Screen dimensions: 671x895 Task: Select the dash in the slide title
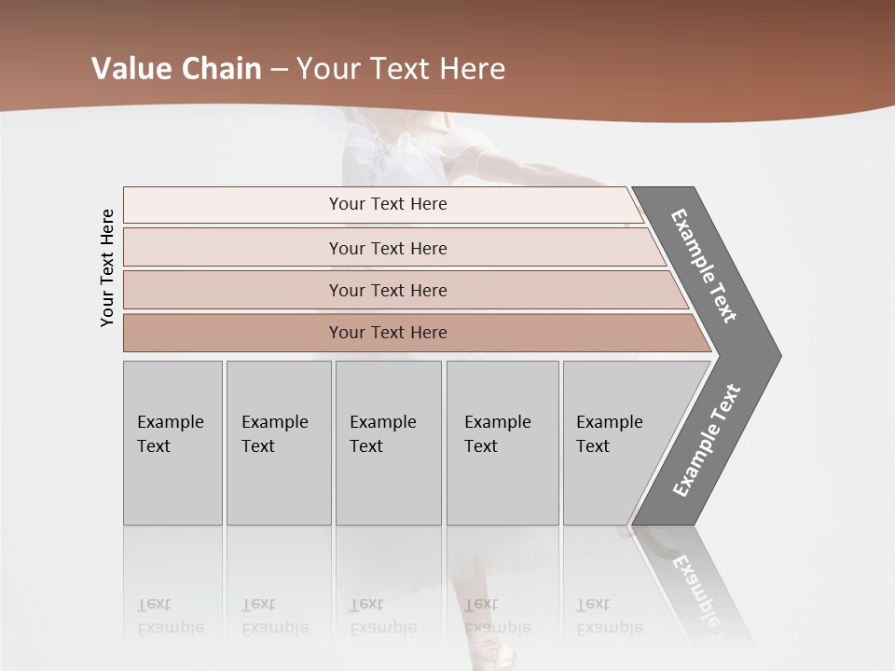(279, 70)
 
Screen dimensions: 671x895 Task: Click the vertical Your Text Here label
(107, 268)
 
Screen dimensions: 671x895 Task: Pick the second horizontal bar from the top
(387, 248)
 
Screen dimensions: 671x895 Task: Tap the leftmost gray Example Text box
(172, 443)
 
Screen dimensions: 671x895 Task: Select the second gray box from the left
(279, 443)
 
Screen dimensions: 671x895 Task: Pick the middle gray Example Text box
(388, 443)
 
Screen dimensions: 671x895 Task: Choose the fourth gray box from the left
(503, 443)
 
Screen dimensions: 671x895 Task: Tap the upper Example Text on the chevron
(704, 266)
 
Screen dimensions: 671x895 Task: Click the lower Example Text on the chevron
(707, 441)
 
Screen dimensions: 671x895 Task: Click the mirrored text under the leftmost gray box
(171, 616)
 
